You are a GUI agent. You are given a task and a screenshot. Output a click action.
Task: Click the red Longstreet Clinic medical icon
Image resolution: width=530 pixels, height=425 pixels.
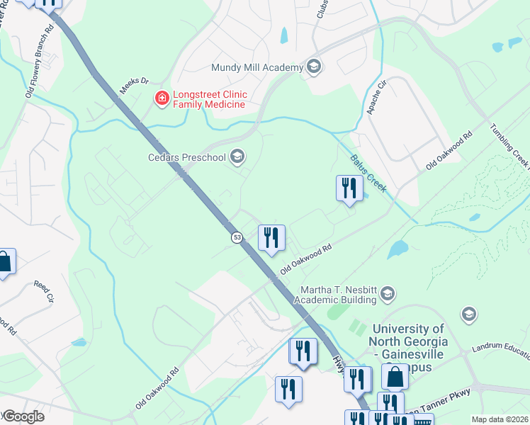(x=162, y=98)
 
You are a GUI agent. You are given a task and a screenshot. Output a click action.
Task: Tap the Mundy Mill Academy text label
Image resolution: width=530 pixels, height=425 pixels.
(x=257, y=68)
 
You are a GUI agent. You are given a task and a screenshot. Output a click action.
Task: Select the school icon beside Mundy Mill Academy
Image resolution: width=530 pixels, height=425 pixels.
(x=314, y=67)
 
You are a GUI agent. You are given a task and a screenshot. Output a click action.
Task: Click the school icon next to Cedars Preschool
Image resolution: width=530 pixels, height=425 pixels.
(x=237, y=157)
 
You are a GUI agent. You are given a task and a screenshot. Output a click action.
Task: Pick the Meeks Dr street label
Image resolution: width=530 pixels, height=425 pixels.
(x=136, y=83)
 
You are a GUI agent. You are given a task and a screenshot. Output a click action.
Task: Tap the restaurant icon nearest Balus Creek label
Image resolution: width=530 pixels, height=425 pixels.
(x=349, y=188)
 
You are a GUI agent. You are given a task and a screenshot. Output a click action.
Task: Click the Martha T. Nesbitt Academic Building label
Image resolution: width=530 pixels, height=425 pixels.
(x=338, y=295)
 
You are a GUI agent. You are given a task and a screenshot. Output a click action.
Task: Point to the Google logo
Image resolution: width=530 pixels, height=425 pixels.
(x=23, y=416)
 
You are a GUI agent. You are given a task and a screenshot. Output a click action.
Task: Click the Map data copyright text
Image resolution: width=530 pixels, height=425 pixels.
(x=500, y=419)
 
